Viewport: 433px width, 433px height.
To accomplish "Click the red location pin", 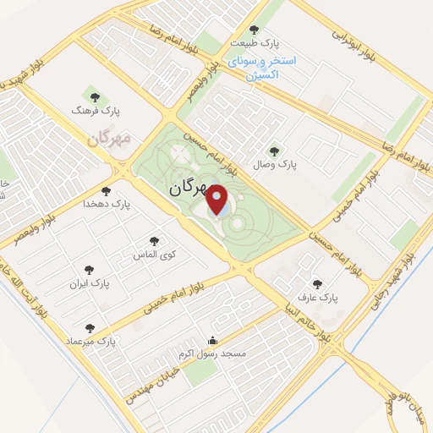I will [218, 200].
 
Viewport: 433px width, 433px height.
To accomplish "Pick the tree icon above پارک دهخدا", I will [106, 191].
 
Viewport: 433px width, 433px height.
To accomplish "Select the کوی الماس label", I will [152, 254].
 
